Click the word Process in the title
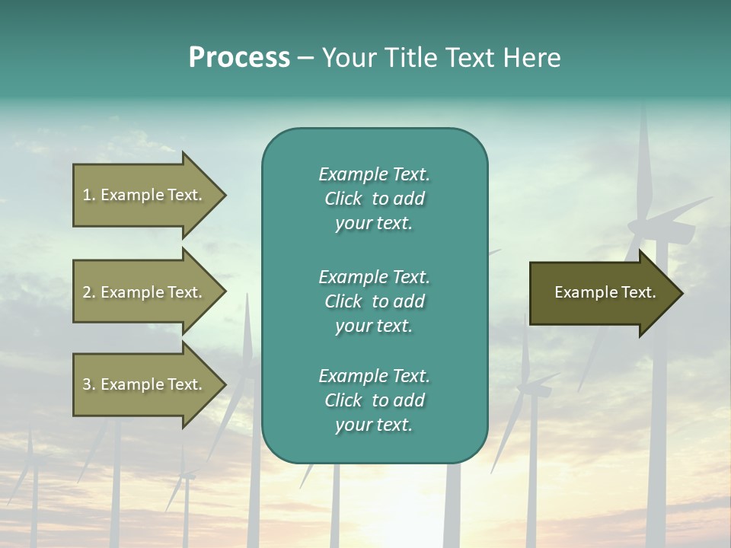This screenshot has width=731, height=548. click(x=239, y=58)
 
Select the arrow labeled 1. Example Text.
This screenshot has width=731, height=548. click(x=145, y=195)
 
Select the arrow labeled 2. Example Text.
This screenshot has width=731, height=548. click(x=145, y=292)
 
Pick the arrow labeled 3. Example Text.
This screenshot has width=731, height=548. click(x=145, y=384)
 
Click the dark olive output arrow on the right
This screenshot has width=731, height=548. click(x=602, y=293)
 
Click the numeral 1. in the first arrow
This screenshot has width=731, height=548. click(x=88, y=195)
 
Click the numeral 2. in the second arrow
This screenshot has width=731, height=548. click(x=88, y=292)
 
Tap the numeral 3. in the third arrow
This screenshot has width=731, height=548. click(x=88, y=384)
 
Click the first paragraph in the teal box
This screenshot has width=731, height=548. click(x=374, y=199)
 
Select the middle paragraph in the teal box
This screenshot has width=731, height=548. click(x=374, y=301)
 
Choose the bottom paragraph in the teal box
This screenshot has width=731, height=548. click(x=374, y=400)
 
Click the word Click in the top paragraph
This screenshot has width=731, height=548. click(x=343, y=199)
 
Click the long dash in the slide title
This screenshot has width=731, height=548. click(x=306, y=58)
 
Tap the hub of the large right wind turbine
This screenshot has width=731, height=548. click(x=653, y=226)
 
